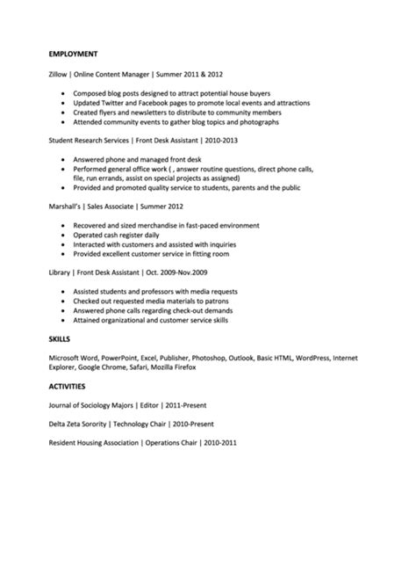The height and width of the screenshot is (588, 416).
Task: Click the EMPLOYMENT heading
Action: point(75,54)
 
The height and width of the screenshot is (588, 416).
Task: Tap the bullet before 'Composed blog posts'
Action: point(66,94)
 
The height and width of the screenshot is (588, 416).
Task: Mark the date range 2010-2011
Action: point(219,442)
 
